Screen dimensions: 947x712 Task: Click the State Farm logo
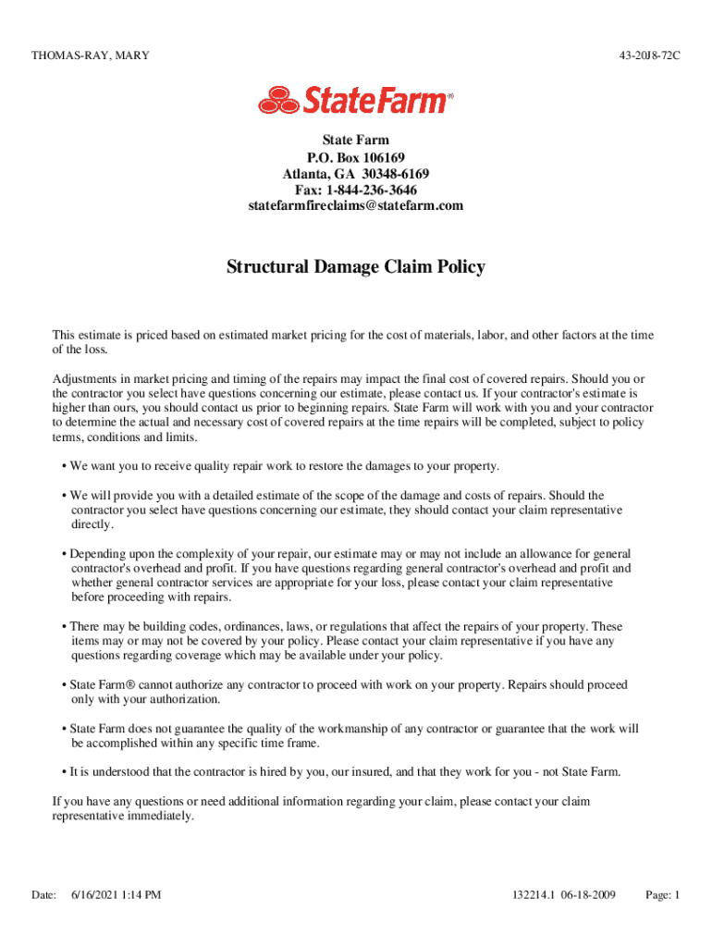pos(356,99)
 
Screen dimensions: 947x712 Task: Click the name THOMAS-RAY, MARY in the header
pos(91,56)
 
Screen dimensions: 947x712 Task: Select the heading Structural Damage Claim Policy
pos(356,267)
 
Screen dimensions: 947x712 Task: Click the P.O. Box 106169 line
pos(356,158)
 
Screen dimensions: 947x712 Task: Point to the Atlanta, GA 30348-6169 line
pos(356,174)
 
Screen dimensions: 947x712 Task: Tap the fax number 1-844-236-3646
pos(374,190)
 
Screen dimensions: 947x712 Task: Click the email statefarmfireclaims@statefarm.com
pos(356,205)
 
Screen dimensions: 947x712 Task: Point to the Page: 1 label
pos(663,894)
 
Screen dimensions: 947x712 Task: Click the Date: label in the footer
pos(43,894)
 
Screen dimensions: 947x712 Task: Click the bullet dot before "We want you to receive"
pos(64,466)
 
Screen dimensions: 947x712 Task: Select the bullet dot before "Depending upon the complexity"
pos(64,554)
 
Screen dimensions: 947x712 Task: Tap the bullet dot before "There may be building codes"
pos(64,627)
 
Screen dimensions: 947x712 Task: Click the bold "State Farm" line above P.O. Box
pos(356,141)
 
